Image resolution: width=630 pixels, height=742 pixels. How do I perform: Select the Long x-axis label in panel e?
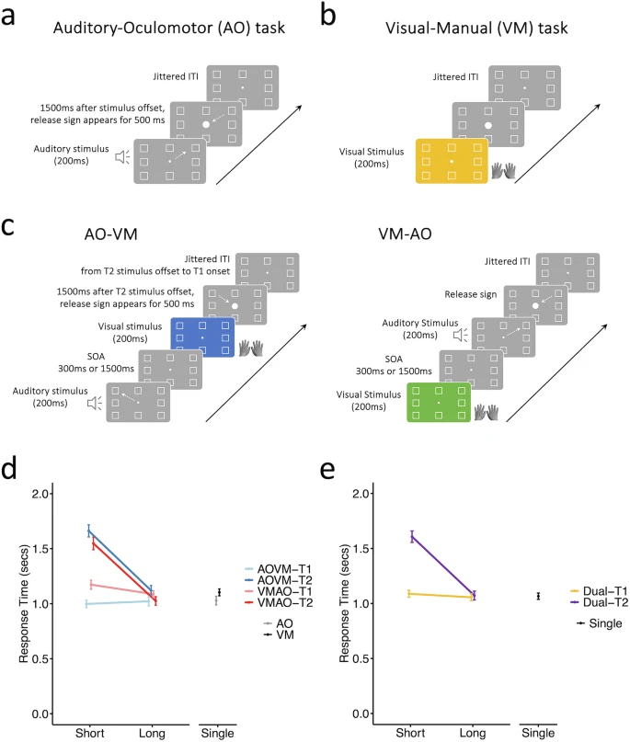(x=474, y=733)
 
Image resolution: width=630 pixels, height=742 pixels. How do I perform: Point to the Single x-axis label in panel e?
(x=538, y=733)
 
